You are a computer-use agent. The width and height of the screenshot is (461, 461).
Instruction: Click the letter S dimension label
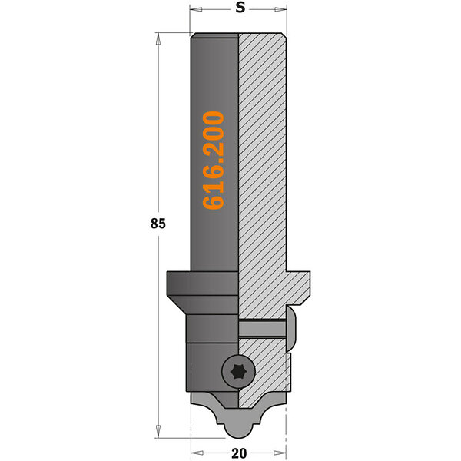(240, 8)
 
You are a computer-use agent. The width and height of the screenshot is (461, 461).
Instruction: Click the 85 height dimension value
(158, 224)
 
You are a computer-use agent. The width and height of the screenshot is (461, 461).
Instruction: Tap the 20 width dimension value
(239, 453)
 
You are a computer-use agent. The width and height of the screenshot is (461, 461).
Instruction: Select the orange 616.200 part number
(214, 161)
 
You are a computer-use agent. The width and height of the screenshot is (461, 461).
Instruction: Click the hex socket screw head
(238, 372)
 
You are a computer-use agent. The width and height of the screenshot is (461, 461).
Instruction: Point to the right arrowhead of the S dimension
(280, 10)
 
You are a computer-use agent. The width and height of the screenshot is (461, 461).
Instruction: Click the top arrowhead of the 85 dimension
(158, 39)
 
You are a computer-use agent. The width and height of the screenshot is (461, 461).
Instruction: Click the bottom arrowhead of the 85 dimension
(158, 431)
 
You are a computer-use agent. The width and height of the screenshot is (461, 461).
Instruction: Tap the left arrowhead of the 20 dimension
(197, 453)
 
